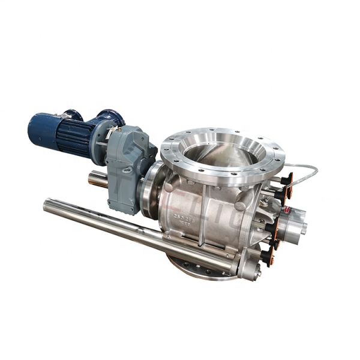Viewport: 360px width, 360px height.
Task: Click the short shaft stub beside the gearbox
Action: tap(98, 178)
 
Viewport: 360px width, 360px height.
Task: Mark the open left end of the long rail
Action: tap(47, 205)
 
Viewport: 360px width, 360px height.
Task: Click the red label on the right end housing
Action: tap(287, 209)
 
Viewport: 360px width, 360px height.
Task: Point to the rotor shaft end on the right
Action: tap(302, 227)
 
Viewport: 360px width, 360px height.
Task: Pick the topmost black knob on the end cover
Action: tap(287, 179)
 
